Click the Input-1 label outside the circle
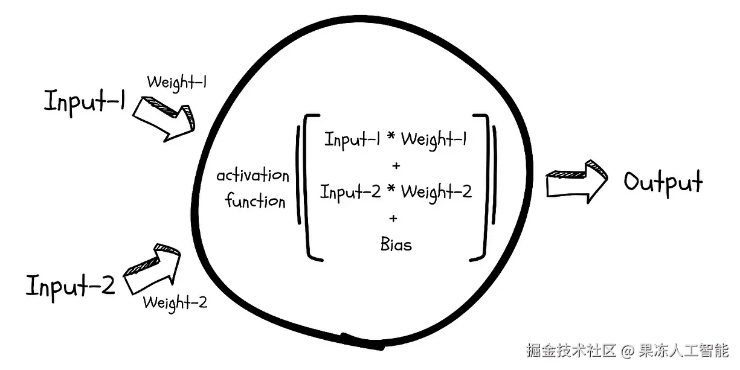click(x=84, y=102)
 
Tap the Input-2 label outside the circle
click(x=70, y=285)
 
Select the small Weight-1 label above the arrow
click(x=177, y=82)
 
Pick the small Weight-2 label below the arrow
click(x=175, y=302)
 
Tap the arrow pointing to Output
click(x=576, y=182)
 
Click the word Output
click(x=663, y=182)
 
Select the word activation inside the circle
click(x=253, y=176)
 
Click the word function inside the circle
click(x=256, y=200)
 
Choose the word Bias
click(x=396, y=244)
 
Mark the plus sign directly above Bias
click(x=394, y=218)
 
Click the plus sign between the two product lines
click(x=396, y=165)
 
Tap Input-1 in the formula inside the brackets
click(x=353, y=139)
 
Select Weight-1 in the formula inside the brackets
click(x=434, y=139)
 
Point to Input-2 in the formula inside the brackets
click(x=350, y=192)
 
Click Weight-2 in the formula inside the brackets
click(x=436, y=193)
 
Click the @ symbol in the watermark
click(x=628, y=351)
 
